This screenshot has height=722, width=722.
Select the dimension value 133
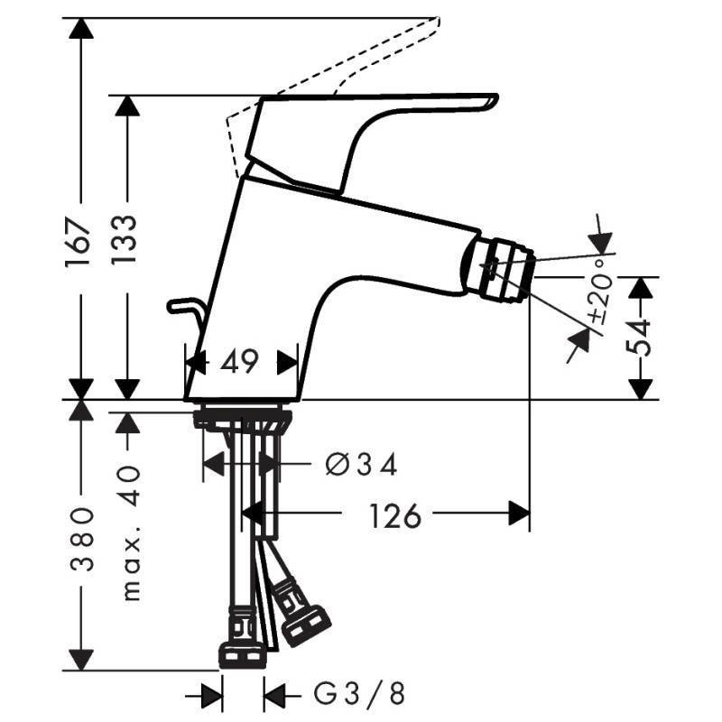[x=124, y=239]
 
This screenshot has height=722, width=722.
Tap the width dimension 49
[x=239, y=362]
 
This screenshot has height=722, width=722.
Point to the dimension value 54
[x=639, y=338]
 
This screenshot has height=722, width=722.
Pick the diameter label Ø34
[x=361, y=464]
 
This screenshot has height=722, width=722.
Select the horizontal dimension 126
[x=395, y=515]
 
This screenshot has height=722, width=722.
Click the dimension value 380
[x=82, y=539]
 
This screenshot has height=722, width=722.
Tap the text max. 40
[x=132, y=533]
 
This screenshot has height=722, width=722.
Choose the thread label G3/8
[x=359, y=693]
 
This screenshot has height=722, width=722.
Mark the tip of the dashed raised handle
[x=438, y=19]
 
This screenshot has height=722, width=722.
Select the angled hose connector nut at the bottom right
[x=306, y=625]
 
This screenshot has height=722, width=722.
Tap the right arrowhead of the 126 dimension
[x=519, y=513]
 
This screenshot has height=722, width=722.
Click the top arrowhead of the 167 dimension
[x=81, y=29]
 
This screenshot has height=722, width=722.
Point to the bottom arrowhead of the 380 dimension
[x=81, y=660]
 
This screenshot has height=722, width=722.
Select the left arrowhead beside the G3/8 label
[x=212, y=696]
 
